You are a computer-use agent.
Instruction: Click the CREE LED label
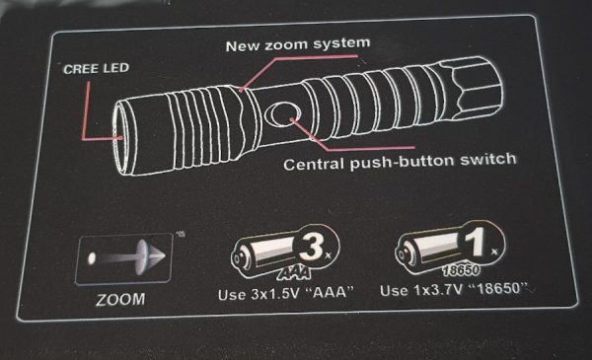(x=97, y=69)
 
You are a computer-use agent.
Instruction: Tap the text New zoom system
(x=298, y=44)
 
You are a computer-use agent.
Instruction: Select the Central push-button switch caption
(x=400, y=163)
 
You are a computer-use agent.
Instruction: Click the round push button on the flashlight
(x=283, y=115)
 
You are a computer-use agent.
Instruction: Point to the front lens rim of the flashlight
(x=118, y=138)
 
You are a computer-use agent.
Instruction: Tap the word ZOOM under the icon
(x=120, y=299)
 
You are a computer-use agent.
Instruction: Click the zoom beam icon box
(x=124, y=258)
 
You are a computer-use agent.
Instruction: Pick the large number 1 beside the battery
(x=476, y=243)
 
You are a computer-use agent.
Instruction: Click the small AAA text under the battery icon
(x=294, y=272)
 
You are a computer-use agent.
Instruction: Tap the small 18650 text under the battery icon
(x=462, y=269)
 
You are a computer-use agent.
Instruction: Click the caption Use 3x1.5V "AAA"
(x=286, y=293)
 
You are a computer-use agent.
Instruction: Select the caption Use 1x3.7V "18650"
(x=455, y=290)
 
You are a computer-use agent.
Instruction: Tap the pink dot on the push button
(x=292, y=119)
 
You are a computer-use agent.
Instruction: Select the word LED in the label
(x=116, y=68)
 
